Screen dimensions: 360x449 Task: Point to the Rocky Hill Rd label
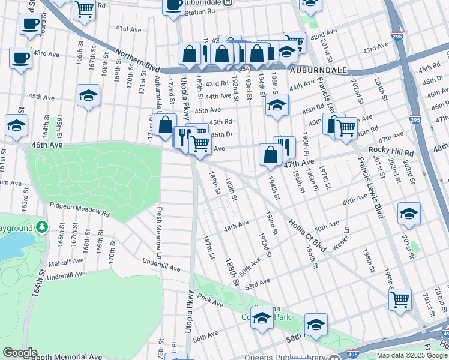coord(391,151)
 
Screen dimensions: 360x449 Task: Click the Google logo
coord(20,353)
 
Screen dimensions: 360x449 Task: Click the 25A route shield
coord(244,69)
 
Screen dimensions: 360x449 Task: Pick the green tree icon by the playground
coord(42,227)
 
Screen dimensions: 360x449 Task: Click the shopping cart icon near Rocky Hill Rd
coord(346,127)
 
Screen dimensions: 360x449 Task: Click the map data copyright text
coord(412,355)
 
